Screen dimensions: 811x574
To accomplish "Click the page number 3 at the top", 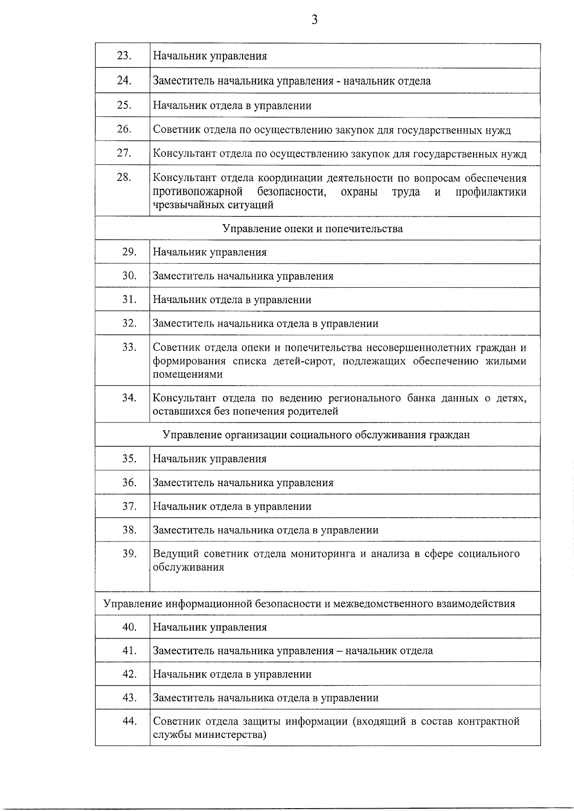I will (314, 20).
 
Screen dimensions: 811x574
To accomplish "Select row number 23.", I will (124, 56).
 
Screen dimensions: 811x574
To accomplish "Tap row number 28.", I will (124, 177).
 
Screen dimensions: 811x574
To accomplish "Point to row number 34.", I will (129, 398).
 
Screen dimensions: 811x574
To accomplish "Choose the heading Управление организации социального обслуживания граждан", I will (316, 435).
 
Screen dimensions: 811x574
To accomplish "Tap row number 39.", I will (129, 553).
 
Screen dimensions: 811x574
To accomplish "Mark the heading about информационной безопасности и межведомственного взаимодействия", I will (309, 604).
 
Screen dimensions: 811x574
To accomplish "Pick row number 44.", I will (129, 721).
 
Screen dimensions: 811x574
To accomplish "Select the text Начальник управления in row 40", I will (210, 627).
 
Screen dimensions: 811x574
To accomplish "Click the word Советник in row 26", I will (174, 130).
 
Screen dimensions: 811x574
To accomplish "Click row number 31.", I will (129, 300).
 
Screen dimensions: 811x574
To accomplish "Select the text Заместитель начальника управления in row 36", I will (243, 483).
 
